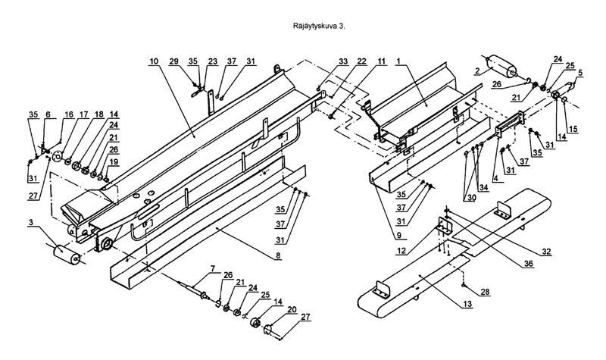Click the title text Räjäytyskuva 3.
[x=319, y=27]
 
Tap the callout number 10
[x=154, y=61]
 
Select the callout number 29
[x=174, y=61]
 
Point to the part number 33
[x=343, y=61]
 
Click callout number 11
[x=382, y=61]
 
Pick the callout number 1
[x=399, y=61]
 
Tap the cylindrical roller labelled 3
[x=67, y=255]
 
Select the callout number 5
[x=580, y=73]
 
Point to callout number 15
[x=573, y=129]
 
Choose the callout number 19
[x=113, y=161]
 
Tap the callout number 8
[x=278, y=255]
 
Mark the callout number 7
[x=213, y=268]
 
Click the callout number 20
[x=292, y=309]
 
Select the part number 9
[x=398, y=234]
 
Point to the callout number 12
[x=401, y=251]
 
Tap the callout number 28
[x=485, y=292]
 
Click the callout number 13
[x=467, y=305]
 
